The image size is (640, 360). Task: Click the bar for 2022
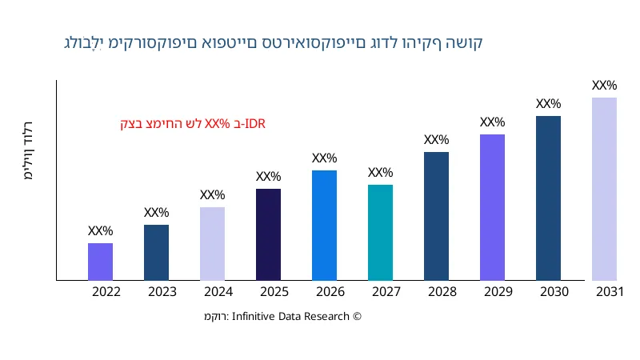point(100,262)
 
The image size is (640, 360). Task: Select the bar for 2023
point(156,253)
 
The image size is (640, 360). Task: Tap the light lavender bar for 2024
point(212,244)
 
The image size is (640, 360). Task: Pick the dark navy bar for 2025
point(268,234)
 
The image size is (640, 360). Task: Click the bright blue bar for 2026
point(324,226)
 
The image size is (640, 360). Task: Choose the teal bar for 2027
point(380,233)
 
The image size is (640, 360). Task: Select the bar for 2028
point(436,216)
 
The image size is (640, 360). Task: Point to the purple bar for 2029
point(492,207)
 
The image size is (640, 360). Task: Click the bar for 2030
point(548,198)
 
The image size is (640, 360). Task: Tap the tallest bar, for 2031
point(604,189)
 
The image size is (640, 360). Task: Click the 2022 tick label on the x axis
point(106,292)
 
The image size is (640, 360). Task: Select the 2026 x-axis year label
point(330,292)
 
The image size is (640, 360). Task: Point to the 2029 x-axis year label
point(498,292)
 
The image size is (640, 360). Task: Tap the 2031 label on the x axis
point(610,292)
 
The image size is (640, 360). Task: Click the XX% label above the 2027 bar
point(380,173)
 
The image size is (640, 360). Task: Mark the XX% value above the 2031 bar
point(604,86)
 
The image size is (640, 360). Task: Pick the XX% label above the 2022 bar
point(100,231)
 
